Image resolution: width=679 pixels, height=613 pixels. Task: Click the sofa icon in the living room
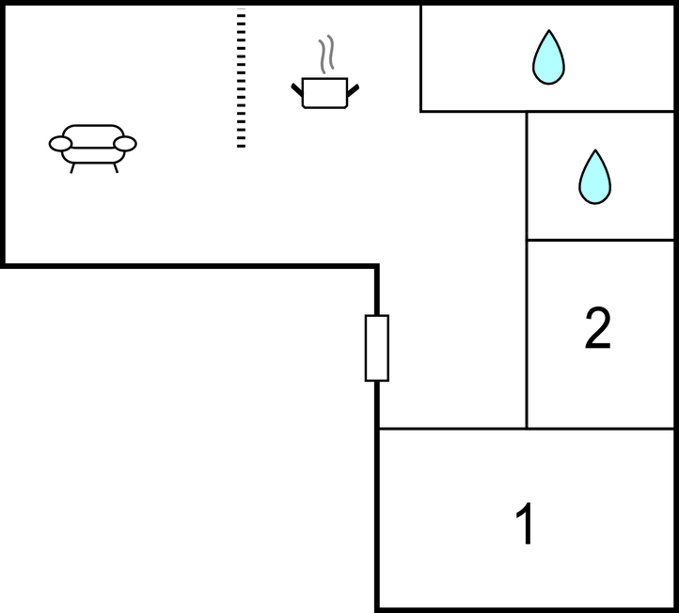point(93,146)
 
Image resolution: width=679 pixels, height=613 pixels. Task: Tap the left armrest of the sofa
point(60,143)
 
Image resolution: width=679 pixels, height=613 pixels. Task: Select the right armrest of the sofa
point(125,143)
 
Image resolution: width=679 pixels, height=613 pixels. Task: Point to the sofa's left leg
point(72,168)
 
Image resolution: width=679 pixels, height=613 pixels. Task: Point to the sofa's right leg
point(115,168)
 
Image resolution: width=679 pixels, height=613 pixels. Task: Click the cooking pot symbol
point(325,92)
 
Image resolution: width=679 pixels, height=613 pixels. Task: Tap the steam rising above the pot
point(326,55)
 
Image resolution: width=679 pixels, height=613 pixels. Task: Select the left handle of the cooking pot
point(297,90)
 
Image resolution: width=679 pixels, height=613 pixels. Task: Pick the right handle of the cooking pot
point(354,90)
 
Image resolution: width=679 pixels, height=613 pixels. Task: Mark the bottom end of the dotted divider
point(241,145)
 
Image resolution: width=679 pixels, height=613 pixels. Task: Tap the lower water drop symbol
point(594,177)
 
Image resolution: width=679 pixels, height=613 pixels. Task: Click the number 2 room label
point(598,329)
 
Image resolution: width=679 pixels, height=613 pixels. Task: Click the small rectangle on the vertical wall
point(376,348)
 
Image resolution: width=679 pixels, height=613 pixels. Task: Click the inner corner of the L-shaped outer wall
point(376,266)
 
